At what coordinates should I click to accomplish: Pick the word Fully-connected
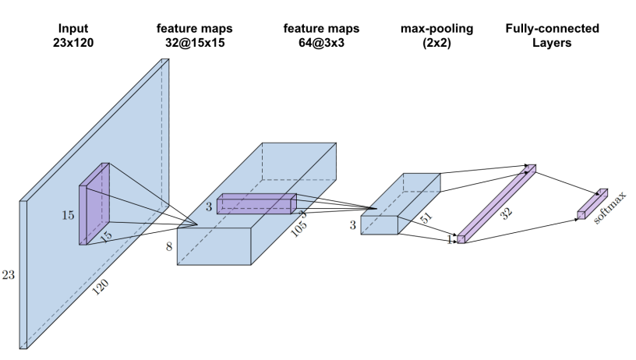552,28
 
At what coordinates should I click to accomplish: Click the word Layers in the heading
552,42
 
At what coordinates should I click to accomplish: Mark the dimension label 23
9,275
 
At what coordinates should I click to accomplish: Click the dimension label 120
99,288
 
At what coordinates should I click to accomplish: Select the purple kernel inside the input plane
94,204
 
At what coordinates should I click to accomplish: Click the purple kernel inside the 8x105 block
256,204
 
